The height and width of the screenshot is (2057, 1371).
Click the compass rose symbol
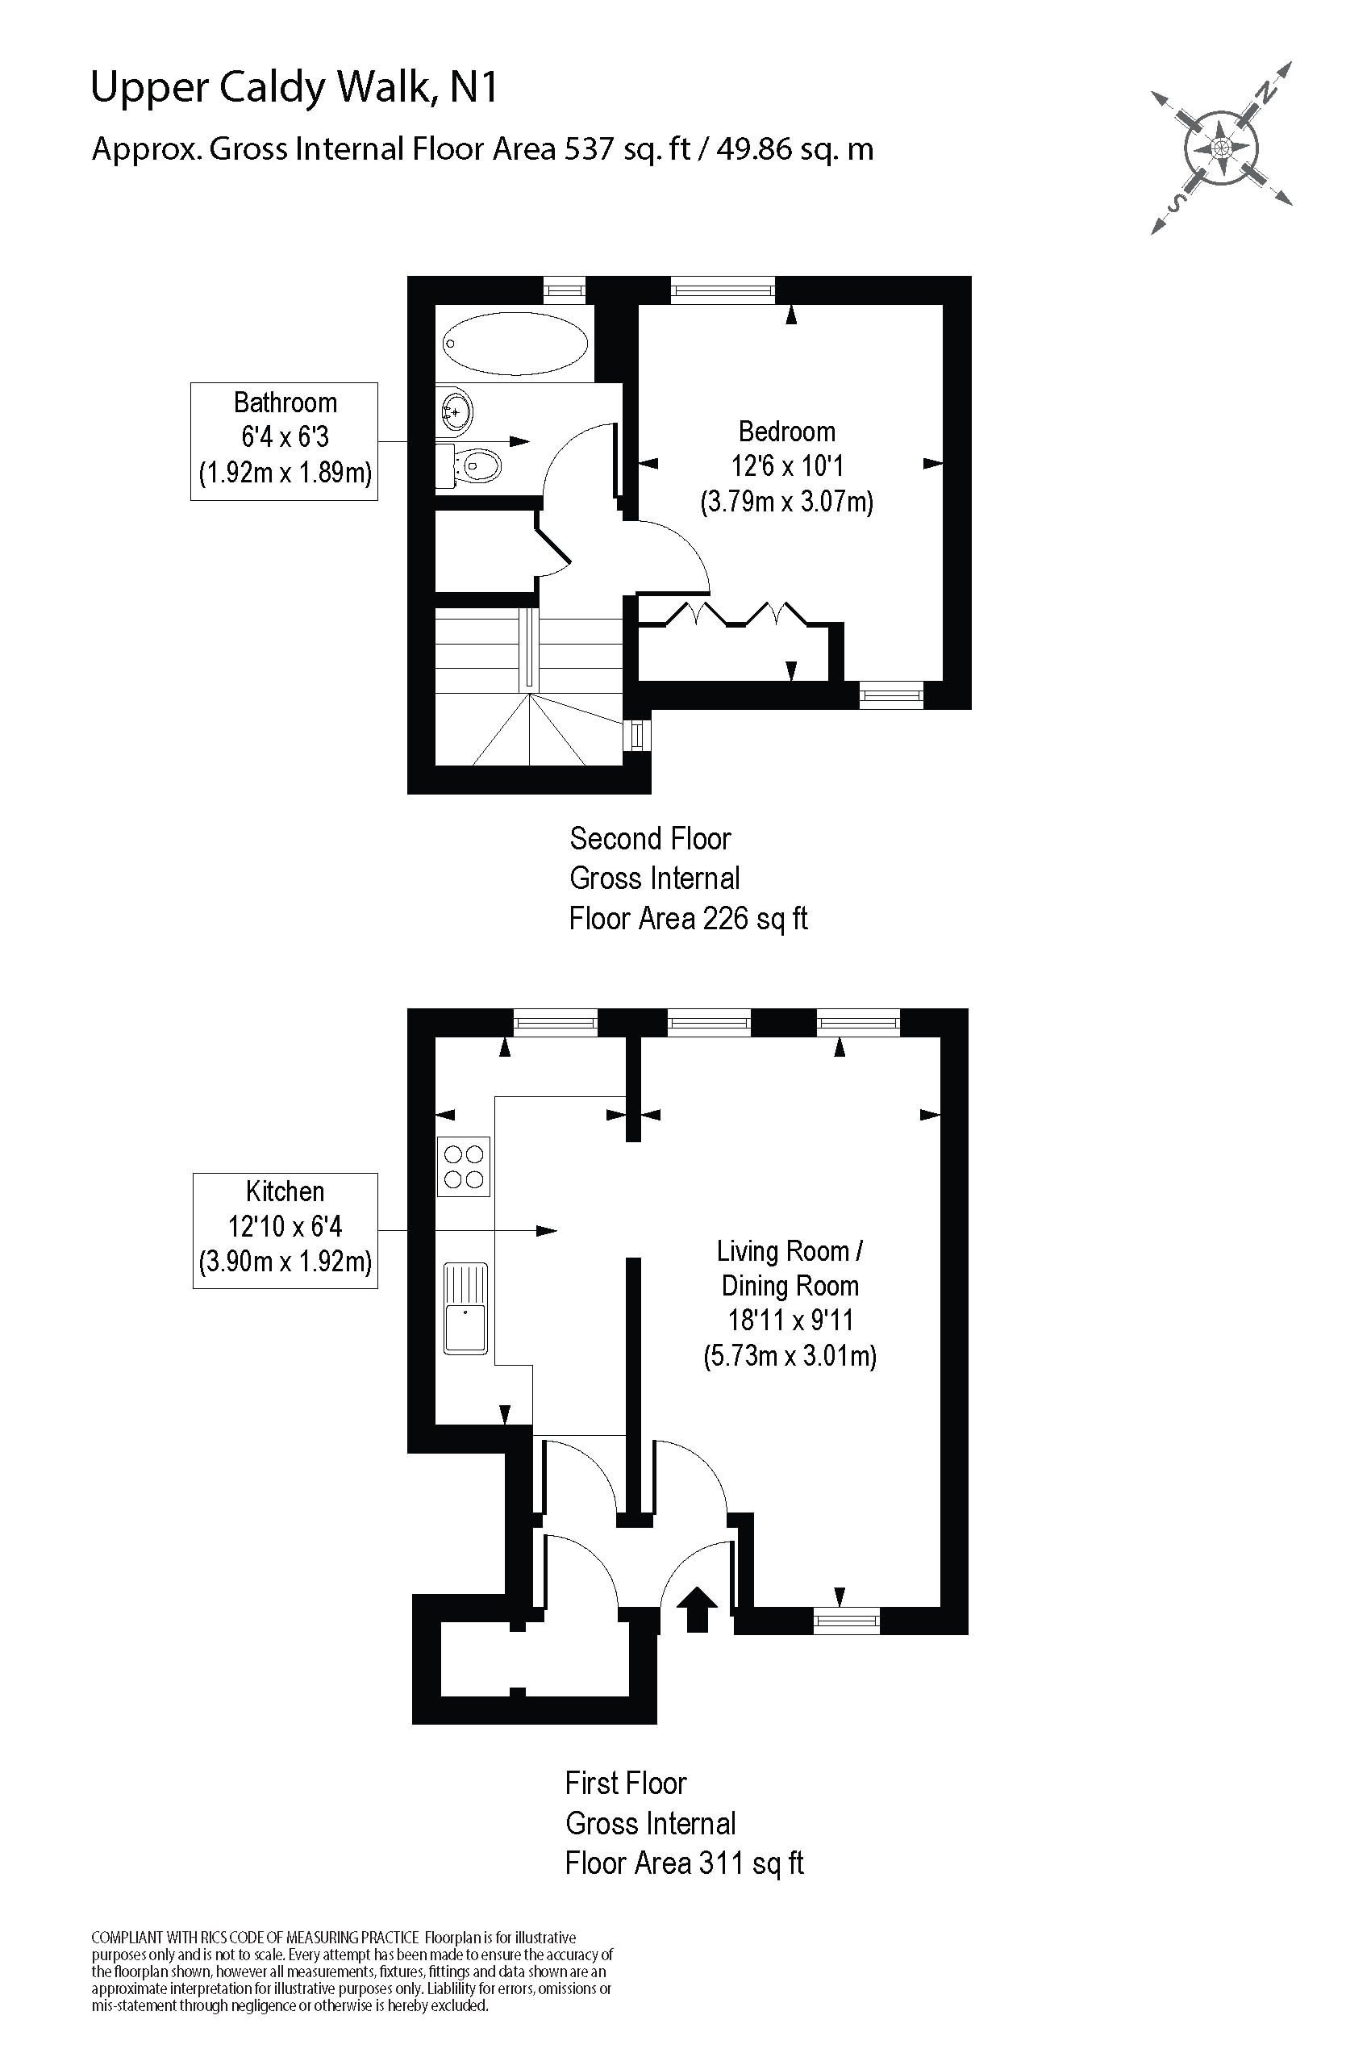tap(1221, 147)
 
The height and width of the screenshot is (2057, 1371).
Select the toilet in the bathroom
tap(476, 466)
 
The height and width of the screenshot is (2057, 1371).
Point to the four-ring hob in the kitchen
tap(464, 1166)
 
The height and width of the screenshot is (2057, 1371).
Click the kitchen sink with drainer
tap(465, 1308)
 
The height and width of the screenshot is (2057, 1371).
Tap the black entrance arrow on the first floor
tap(697, 1608)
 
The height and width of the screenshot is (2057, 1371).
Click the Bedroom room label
tap(786, 432)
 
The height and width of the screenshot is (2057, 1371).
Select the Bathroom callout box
tap(284, 440)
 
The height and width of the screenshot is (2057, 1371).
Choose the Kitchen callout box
tap(285, 1229)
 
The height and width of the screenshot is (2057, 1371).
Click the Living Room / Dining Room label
tap(790, 1268)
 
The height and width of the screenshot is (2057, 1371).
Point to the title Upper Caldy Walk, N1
tap(294, 87)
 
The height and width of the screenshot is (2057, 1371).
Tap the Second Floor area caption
tap(687, 878)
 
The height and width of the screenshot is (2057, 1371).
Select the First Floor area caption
tap(683, 1822)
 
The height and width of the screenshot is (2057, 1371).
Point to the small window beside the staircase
tap(636, 735)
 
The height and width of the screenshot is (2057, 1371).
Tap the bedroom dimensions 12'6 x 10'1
tap(786, 466)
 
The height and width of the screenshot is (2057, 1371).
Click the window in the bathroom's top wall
tap(563, 290)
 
